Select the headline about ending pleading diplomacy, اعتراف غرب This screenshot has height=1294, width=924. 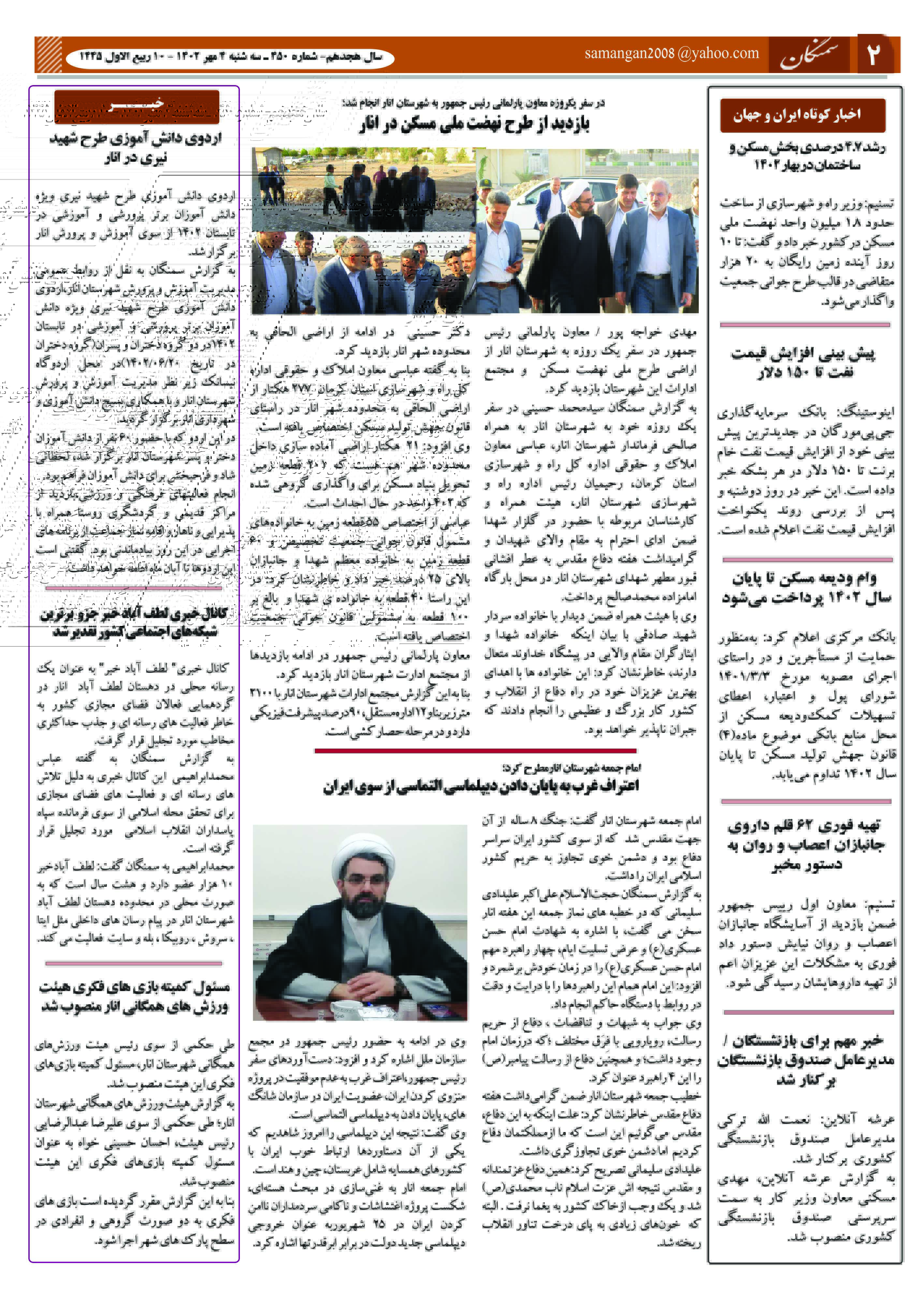(481, 786)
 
